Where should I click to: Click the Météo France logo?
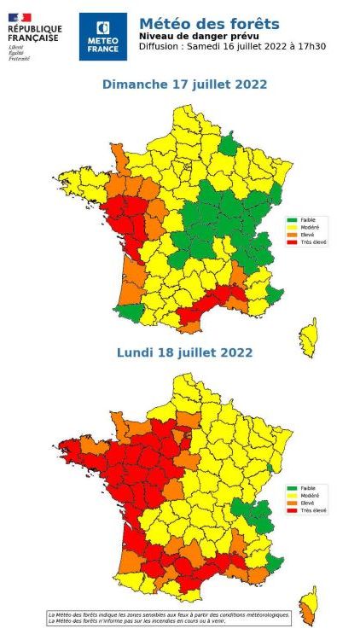pos(102,36)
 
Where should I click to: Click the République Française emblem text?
pos(34,33)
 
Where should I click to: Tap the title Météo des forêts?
pos(208,24)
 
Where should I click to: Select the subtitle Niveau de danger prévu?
pos(191,37)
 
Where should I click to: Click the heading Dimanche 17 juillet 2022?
pos(184,84)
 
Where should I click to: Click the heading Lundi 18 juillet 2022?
pos(184,352)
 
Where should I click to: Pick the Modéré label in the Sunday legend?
pos(311,227)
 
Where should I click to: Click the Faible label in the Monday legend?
pos(309,488)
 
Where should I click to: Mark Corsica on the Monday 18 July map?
pos(308,604)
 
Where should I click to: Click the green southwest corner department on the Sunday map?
pos(128,311)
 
